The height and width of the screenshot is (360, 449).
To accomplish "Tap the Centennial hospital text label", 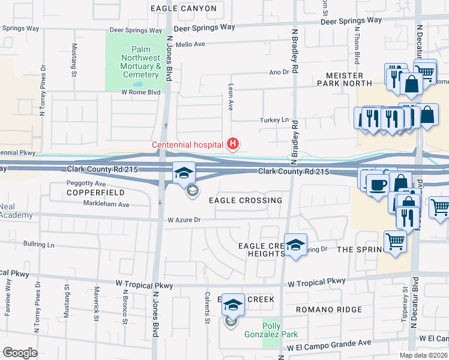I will (187, 145).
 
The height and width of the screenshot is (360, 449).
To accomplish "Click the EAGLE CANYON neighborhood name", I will (183, 8).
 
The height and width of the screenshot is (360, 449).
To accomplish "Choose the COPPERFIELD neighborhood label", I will (96, 193).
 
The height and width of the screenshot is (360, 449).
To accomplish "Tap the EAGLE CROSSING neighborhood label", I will (246, 200).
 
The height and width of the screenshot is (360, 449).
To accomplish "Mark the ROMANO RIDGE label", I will (328, 310).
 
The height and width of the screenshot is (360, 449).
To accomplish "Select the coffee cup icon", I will (377, 185).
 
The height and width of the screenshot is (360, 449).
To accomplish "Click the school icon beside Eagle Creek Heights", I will (295, 245).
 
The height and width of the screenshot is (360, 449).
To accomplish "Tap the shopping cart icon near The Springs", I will (395, 241).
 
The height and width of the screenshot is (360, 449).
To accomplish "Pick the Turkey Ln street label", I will (274, 120).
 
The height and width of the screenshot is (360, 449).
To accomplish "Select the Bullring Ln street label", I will (38, 245).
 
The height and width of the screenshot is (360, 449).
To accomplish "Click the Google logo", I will (20, 353).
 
